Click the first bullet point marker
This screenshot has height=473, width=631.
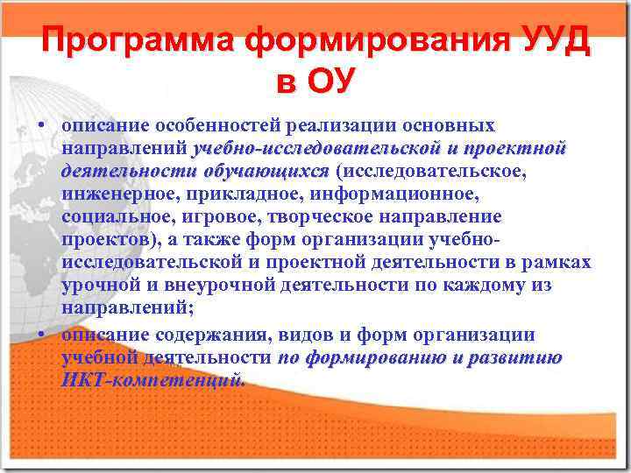click(x=41, y=125)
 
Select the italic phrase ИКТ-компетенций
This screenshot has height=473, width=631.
click(x=153, y=379)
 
